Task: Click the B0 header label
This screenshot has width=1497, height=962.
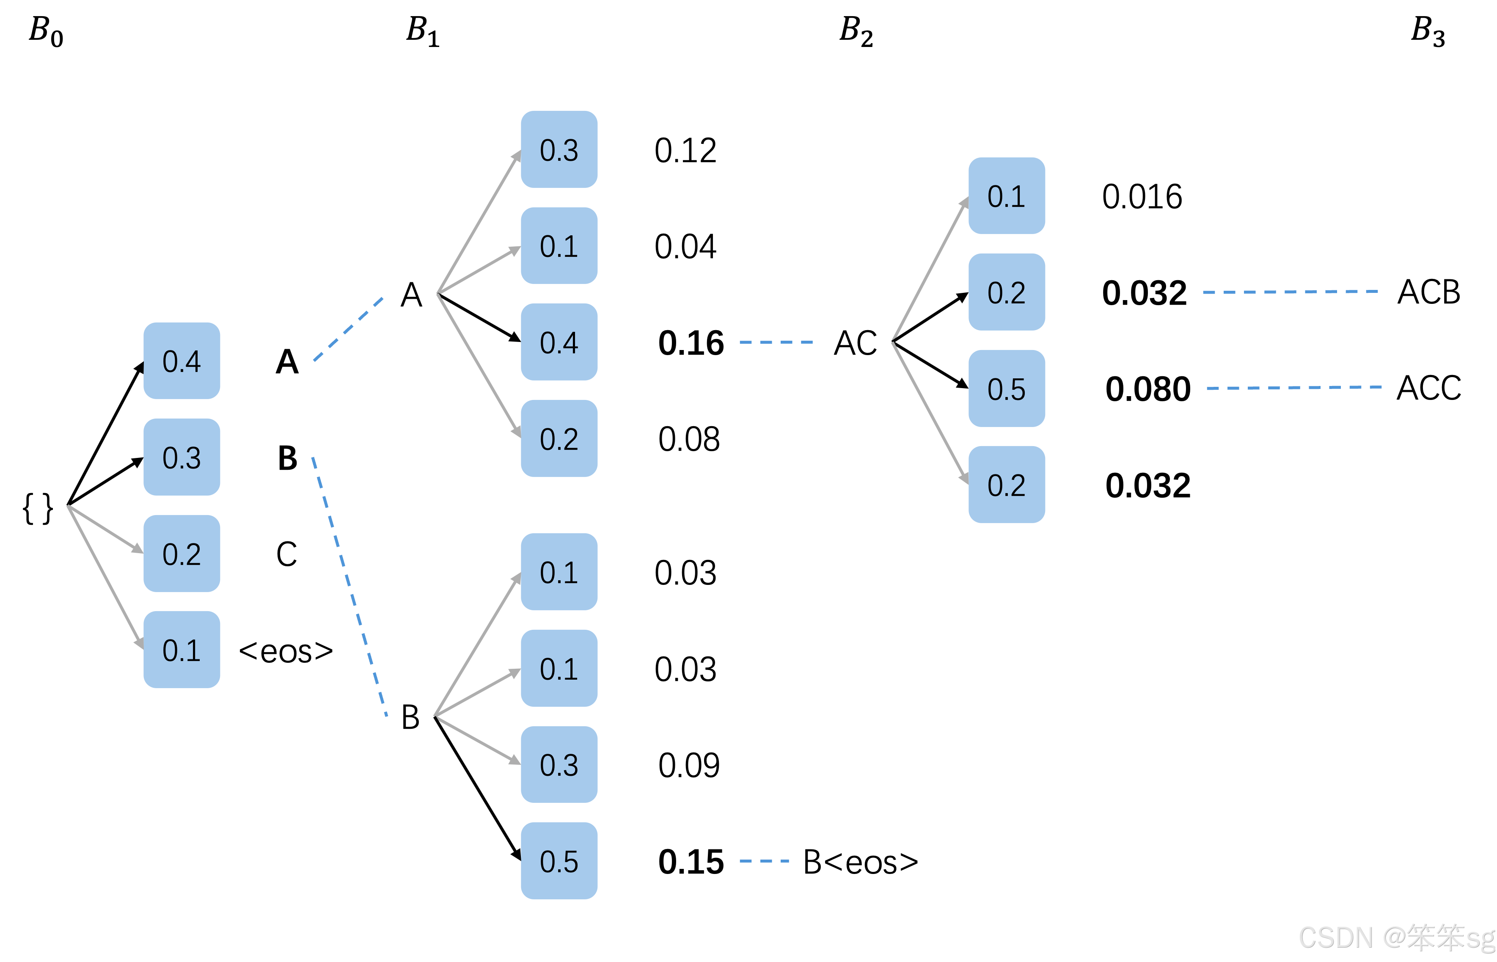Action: point(46,31)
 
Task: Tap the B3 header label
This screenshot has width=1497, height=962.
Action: point(1428,31)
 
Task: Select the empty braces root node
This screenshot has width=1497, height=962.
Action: point(38,508)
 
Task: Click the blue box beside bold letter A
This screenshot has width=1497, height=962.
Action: point(182,361)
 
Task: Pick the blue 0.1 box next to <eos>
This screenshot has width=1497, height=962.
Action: point(182,650)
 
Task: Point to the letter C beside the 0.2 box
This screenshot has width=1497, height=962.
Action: point(286,554)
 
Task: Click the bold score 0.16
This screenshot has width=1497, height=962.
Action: point(691,343)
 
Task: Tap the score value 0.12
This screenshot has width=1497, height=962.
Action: point(685,151)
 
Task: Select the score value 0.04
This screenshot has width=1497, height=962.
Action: point(685,247)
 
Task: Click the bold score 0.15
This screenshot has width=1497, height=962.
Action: point(691,862)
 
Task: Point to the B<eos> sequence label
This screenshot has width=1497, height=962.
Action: point(860,863)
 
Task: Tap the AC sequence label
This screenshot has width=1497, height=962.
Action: point(855,343)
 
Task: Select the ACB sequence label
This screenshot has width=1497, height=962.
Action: point(1428,292)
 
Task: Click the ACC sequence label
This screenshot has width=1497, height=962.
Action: point(1428,388)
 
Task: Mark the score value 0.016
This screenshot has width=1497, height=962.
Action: point(1142,197)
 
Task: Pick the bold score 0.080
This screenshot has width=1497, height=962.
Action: point(1148,389)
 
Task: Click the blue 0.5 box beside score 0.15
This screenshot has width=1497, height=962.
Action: point(559,861)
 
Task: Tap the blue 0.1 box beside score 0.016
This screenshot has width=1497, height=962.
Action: point(1006,196)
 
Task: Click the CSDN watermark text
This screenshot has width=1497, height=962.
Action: point(1396,937)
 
